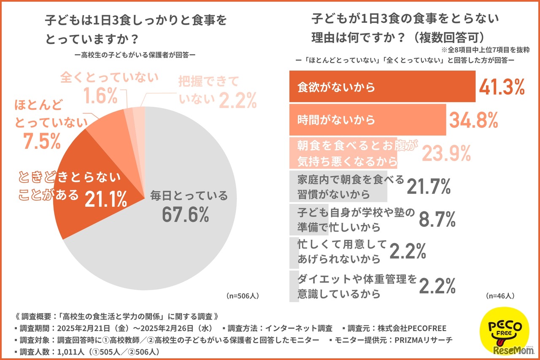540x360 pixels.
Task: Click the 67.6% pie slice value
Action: [185, 215]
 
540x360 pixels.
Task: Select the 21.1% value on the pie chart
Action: [106, 199]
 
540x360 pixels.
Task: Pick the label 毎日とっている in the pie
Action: [189, 196]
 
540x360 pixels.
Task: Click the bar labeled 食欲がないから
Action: [382, 87]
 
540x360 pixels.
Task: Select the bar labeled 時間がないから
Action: [367, 120]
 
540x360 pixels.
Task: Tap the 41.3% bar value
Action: [502, 87]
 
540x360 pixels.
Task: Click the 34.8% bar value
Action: [473, 121]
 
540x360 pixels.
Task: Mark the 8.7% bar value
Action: [437, 219]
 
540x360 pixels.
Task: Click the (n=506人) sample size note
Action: [243, 295]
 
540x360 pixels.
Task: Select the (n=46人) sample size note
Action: [500, 295]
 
